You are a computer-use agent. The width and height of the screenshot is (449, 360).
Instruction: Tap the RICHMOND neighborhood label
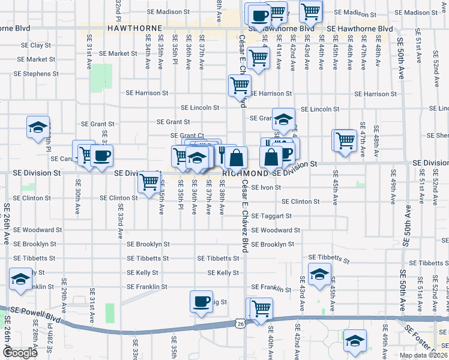point(244,172)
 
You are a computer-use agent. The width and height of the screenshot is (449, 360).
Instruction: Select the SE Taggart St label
point(271,215)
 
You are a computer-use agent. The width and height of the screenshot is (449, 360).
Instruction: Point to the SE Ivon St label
point(267,187)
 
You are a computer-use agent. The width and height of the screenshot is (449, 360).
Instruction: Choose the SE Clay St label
point(36,45)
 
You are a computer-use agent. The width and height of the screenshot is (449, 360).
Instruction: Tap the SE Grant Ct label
point(187,136)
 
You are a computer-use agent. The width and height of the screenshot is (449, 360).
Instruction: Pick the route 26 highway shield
point(240,323)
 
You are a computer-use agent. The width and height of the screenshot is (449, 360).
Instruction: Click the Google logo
point(20,353)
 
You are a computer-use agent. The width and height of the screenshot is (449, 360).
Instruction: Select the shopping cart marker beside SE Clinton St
point(149,181)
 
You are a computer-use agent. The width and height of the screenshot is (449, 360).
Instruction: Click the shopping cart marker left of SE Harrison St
point(240,85)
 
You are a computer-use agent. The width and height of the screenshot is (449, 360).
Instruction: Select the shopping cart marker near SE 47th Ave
point(345,140)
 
